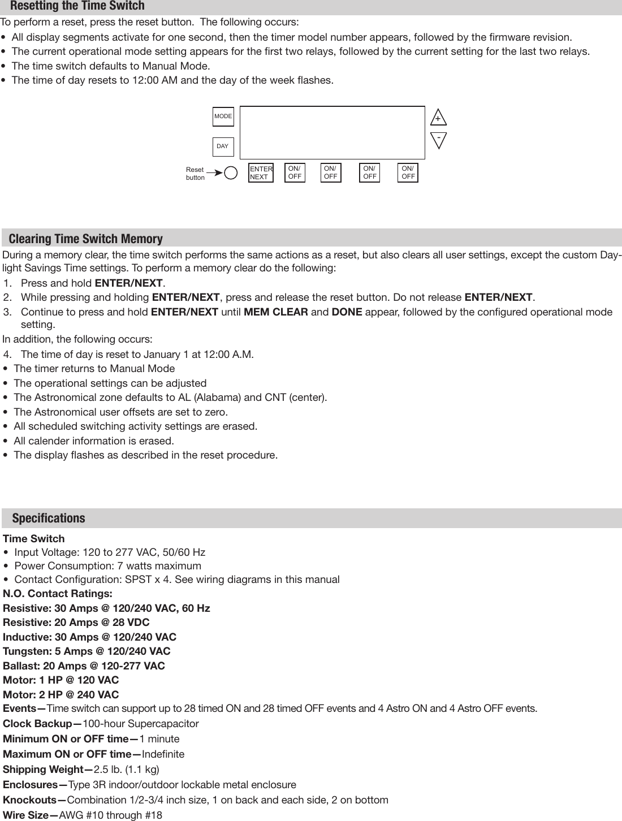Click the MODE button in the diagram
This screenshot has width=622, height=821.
[223, 116]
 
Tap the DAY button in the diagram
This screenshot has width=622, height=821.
[223, 146]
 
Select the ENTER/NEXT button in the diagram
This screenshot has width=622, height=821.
[261, 173]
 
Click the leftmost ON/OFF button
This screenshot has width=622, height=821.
[295, 173]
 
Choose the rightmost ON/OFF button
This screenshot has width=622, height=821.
[408, 173]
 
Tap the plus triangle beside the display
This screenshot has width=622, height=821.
[438, 118]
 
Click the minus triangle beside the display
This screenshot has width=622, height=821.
[438, 139]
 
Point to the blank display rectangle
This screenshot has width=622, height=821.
[332, 132]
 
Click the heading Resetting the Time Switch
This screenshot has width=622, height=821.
[77, 6]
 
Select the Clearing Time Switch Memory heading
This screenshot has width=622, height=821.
[85, 239]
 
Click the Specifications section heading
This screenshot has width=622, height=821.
[49, 518]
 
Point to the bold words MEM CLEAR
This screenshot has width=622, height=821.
[275, 312]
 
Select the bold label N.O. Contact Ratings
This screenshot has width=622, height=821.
[58, 594]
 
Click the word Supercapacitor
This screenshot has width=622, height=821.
[163, 724]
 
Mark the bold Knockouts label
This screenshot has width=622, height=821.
[34, 800]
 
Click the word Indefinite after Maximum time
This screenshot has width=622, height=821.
[163, 754]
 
